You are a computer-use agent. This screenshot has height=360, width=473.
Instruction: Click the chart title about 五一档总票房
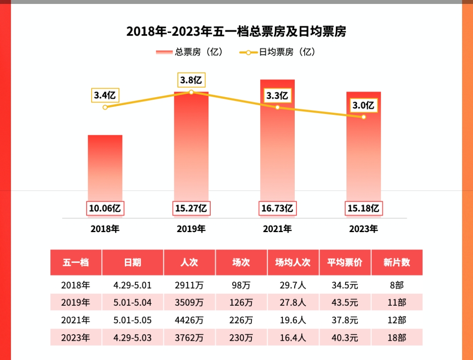pyautogui.click(x=236, y=32)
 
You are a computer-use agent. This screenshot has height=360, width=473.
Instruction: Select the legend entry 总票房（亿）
pyautogui.click(x=190, y=52)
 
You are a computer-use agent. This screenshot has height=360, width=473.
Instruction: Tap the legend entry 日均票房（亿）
pyautogui.click(x=278, y=52)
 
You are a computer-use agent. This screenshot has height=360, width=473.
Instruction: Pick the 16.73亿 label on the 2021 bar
pyautogui.click(x=277, y=208)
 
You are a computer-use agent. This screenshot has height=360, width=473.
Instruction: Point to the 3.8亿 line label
pyautogui.click(x=191, y=80)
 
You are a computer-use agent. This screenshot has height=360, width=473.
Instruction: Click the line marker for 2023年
pyautogui.click(x=364, y=117)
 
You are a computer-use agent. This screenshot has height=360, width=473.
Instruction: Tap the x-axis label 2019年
pyautogui.click(x=191, y=229)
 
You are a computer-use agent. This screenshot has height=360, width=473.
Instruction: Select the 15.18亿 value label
pyautogui.click(x=363, y=208)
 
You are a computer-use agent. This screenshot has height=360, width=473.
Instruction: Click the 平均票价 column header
pyautogui.click(x=345, y=262)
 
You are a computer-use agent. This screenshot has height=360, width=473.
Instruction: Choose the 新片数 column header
pyautogui.click(x=397, y=262)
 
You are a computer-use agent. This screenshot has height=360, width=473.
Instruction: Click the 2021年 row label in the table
pyautogui.click(x=76, y=320)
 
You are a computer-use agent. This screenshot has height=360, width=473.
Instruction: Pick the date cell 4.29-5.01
pyautogui.click(x=132, y=285)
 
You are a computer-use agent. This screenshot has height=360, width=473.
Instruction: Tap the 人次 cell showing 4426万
pyautogui.click(x=189, y=320)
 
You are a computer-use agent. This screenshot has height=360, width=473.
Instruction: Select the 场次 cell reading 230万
pyautogui.click(x=241, y=338)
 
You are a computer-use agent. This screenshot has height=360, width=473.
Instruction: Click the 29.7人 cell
pyautogui.click(x=293, y=285)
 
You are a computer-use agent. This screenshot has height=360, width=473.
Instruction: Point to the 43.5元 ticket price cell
pyautogui.click(x=345, y=303)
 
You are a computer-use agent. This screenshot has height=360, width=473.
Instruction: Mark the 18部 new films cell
pyautogui.click(x=397, y=338)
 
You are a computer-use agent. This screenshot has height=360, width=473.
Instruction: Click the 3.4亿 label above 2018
pyautogui.click(x=106, y=95)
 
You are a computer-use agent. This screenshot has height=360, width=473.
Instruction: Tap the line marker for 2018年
pyautogui.click(x=105, y=107)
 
